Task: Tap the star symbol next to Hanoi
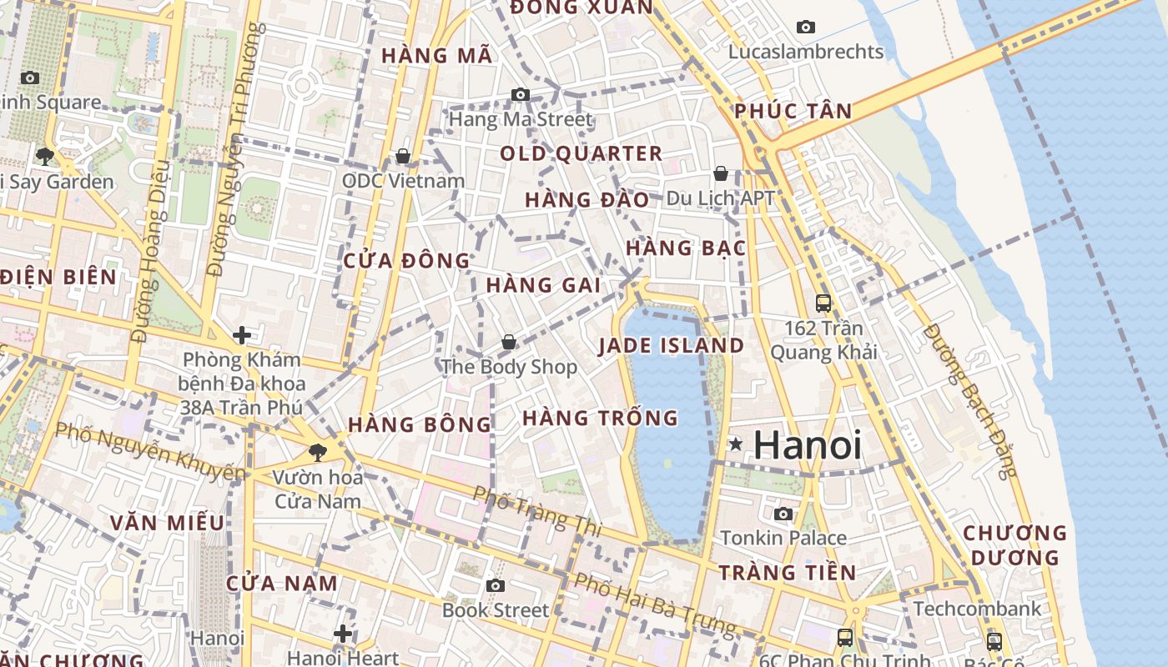coord(735,444)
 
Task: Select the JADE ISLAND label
coord(672,345)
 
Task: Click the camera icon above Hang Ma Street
coord(521,94)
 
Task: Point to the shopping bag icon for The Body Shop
coord(508,342)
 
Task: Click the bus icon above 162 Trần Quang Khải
coord(823,303)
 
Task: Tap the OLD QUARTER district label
coord(581,153)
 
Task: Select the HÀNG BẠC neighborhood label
coord(686,248)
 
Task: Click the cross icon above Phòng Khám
coord(242,335)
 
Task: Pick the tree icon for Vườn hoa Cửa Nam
coord(317,453)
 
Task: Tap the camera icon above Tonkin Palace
coord(783,514)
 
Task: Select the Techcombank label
coord(977,608)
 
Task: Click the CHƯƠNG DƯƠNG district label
coord(1014,544)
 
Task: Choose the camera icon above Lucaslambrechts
coord(805,27)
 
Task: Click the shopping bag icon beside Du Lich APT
coord(721,173)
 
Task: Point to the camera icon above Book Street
coord(496,585)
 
